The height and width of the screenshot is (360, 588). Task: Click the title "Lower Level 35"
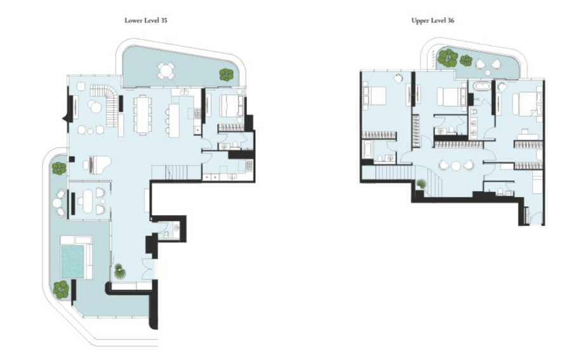tap(146, 20)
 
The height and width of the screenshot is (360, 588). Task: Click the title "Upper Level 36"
tap(433, 20)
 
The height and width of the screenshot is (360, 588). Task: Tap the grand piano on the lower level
tap(98, 164)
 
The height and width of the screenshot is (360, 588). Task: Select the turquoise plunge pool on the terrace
tap(73, 262)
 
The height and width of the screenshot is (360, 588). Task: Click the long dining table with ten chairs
tap(142, 115)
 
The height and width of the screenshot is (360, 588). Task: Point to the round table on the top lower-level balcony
tap(165, 70)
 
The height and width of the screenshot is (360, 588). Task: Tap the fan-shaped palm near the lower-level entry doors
tap(120, 272)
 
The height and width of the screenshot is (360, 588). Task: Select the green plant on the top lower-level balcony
tap(227, 75)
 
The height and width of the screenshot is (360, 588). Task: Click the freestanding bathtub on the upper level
tap(481, 86)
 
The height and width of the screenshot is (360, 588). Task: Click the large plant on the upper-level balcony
tap(448, 58)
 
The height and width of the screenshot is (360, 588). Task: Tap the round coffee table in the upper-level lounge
tap(456, 166)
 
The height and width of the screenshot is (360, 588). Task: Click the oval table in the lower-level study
tap(88, 199)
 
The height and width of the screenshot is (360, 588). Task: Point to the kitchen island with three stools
tap(173, 120)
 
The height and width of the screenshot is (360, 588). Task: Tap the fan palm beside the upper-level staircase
tap(422, 183)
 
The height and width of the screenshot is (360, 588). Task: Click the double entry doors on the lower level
tap(147, 269)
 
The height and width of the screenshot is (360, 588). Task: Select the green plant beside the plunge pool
tap(61, 289)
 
